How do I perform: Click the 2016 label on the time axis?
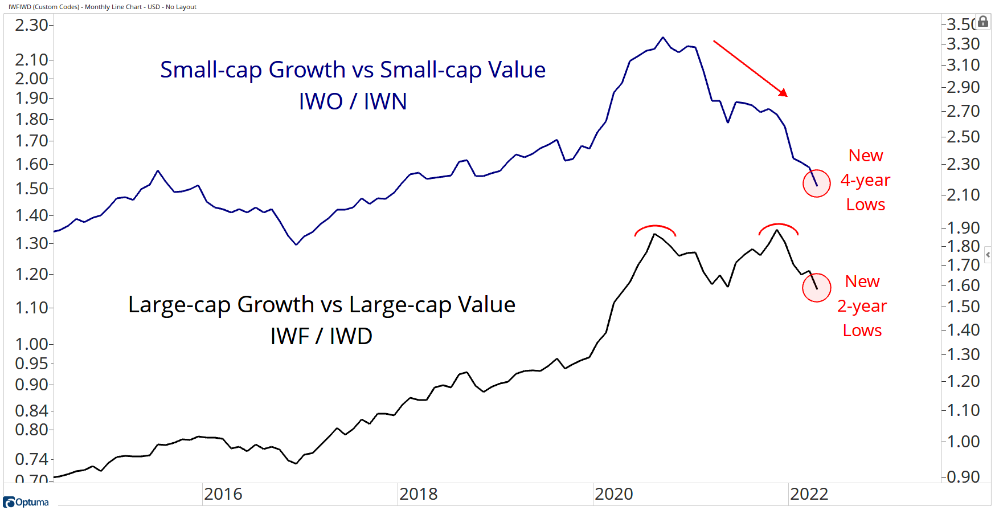[x=223, y=494]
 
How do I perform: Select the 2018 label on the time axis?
[x=418, y=494]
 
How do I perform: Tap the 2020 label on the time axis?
[x=613, y=494]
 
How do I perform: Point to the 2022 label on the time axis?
[x=809, y=494]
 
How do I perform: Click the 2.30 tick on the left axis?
[x=31, y=25]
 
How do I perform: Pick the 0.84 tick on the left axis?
[x=31, y=411]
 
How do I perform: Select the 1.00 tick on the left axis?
[x=31, y=344]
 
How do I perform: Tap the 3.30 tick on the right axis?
[x=963, y=44]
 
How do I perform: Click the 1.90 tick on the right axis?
[x=963, y=228]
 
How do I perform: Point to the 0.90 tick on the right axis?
[x=963, y=477]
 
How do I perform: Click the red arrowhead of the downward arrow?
[x=783, y=93]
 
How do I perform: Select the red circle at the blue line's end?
[x=817, y=183]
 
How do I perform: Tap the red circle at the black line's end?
[x=817, y=288]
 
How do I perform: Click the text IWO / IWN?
[x=353, y=101]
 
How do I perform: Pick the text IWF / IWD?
[x=321, y=336]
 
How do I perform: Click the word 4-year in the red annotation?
[x=865, y=180]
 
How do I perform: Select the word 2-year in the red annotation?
[x=862, y=306]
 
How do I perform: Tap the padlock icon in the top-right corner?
[x=983, y=22]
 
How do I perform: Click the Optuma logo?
[x=26, y=502]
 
